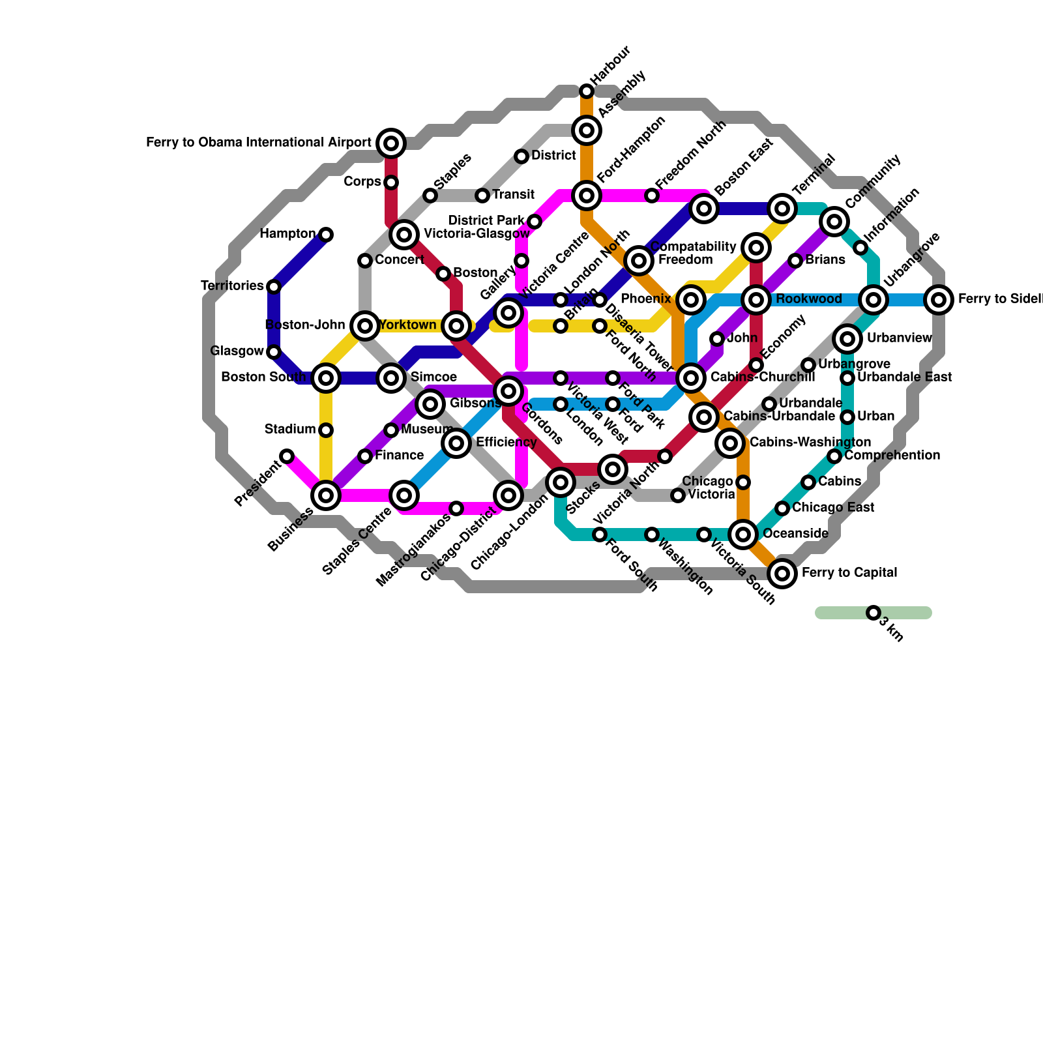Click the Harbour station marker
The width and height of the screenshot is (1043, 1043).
tap(587, 91)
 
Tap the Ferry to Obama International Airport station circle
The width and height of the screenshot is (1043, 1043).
tap(391, 143)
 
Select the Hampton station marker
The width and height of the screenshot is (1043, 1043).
tap(326, 235)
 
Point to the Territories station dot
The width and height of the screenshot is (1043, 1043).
tap(274, 287)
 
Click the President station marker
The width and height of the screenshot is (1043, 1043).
tap(287, 456)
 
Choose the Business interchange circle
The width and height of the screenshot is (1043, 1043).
tap(326, 495)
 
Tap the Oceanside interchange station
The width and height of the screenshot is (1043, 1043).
tap(743, 535)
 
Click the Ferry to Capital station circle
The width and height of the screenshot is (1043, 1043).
tap(782, 574)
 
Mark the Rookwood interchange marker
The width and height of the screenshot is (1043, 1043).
tap(756, 300)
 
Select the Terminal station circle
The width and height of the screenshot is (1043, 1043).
tap(782, 209)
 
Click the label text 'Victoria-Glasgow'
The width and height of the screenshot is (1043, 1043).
tap(477, 233)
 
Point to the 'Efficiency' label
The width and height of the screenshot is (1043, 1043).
tap(506, 443)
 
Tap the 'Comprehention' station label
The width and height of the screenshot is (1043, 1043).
tap(892, 455)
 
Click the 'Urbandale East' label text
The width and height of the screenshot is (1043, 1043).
tap(904, 377)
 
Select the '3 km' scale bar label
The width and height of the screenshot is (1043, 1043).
tap(892, 630)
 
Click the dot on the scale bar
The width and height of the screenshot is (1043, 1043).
tap(874, 613)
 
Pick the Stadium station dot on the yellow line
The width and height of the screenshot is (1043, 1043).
tap(326, 430)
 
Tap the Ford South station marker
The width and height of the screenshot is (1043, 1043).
tap(600, 535)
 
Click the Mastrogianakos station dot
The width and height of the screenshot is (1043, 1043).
tap(456, 508)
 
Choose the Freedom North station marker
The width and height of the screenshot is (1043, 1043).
tap(652, 196)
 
